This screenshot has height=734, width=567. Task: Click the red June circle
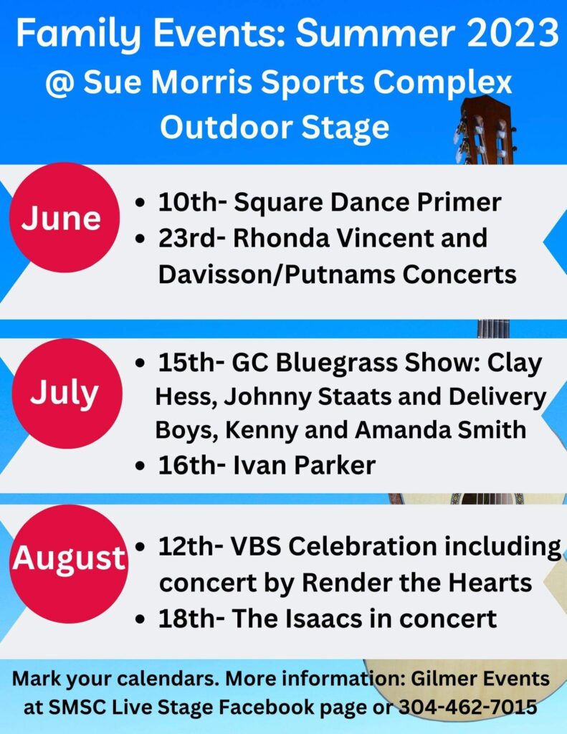coord(65,217)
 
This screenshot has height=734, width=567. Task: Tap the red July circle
coord(67,394)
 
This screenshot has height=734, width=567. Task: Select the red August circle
coord(69,563)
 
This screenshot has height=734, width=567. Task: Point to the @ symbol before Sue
coord(60,83)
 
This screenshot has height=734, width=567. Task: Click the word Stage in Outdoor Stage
coord(345,127)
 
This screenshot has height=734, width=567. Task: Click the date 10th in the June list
coord(188,202)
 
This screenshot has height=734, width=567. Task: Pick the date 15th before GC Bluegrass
coord(186,363)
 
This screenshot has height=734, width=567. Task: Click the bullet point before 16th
coord(139,466)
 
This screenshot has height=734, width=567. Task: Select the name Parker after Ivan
coord(335,465)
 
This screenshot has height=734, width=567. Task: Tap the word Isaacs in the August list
coord(324,619)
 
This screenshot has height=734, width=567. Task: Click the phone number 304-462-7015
coord(468,707)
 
